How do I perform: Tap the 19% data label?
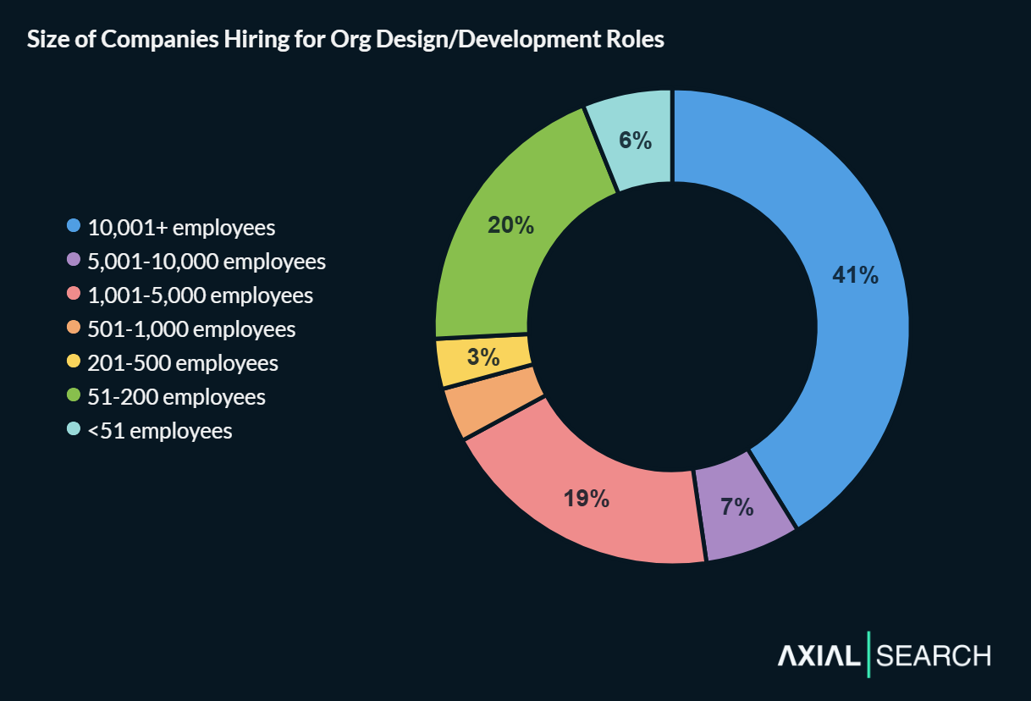tap(587, 499)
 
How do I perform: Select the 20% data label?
tap(510, 225)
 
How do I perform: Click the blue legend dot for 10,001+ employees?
tap(74, 227)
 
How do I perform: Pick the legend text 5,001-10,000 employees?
tap(207, 262)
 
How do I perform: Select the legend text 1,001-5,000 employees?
tap(201, 295)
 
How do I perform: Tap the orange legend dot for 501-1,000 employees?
tap(74, 328)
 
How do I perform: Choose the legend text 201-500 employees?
tap(183, 363)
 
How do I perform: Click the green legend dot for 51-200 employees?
tap(74, 396)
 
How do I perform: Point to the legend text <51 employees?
tap(160, 431)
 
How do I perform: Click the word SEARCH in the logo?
tap(934, 656)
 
